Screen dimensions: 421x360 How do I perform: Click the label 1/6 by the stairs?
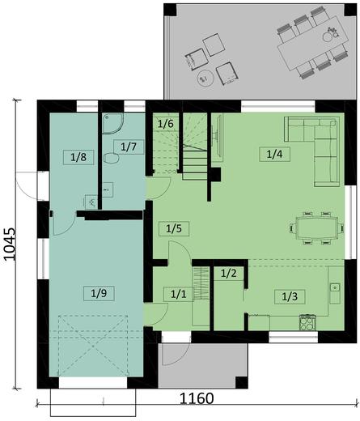pos(165,124)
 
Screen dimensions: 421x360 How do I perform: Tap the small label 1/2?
pos(228,274)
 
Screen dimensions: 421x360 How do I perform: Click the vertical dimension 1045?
pos(10,242)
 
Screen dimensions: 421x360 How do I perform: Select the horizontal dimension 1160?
pos(197,399)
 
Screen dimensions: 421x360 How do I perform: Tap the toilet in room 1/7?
pos(112,159)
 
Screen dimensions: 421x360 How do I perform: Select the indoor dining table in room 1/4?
pos(316,228)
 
